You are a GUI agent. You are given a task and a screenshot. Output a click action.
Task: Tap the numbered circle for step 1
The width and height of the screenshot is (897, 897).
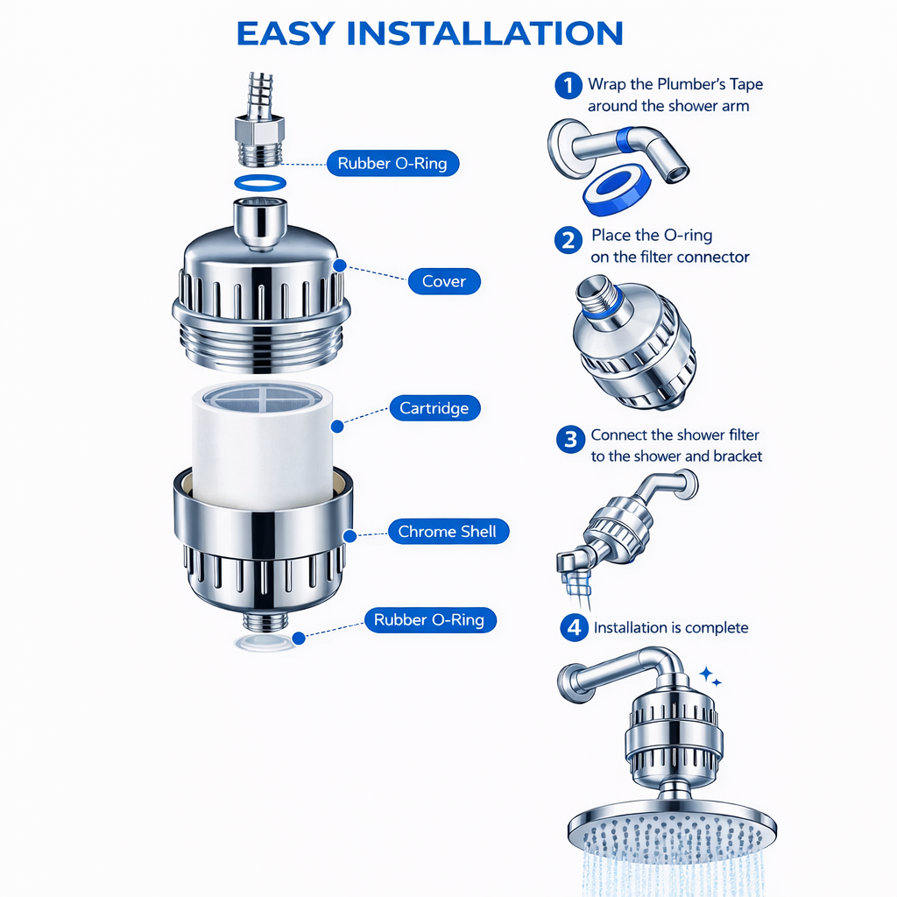pyautogui.click(x=569, y=86)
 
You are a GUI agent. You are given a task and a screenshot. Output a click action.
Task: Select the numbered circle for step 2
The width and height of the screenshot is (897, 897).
pyautogui.click(x=569, y=239)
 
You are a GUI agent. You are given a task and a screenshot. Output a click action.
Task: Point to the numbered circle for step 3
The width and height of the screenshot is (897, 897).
pyautogui.click(x=570, y=439)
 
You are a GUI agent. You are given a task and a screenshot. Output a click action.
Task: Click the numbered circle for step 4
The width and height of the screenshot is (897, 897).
pyautogui.click(x=574, y=628)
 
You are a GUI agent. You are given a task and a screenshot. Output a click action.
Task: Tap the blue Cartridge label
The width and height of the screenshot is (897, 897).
pyautogui.click(x=434, y=408)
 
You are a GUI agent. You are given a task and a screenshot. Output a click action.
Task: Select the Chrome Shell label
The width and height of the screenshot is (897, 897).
pyautogui.click(x=447, y=532)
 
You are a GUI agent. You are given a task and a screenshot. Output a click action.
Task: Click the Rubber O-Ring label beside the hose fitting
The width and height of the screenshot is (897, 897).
pyautogui.click(x=392, y=163)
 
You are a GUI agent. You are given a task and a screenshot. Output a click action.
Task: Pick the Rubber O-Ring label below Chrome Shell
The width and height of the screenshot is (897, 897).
pyautogui.click(x=429, y=620)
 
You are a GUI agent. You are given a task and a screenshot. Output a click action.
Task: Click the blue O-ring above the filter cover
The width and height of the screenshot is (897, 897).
pyautogui.click(x=260, y=182)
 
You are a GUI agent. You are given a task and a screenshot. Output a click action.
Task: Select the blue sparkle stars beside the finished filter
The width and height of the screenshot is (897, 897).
pyautogui.click(x=710, y=677)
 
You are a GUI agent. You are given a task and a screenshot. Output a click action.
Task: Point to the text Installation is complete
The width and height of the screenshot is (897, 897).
pyautogui.click(x=671, y=628)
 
